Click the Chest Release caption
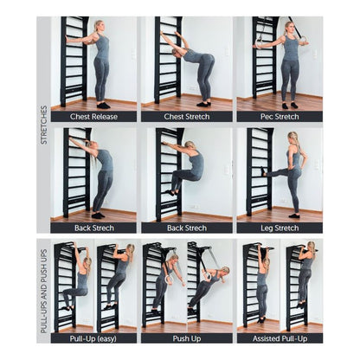pos(93,117)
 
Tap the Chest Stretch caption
pos(187,117)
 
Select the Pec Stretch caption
pos(280,117)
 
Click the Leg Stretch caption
pos(280,228)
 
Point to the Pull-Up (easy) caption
pos(93,338)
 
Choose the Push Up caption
pos(187,338)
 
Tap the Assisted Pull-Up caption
pos(280,338)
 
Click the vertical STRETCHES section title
pos(44,125)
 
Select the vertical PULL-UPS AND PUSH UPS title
pos(44,292)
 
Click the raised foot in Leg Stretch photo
pos(264,171)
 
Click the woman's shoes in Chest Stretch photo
pos(203,104)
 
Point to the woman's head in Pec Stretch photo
pos(289,28)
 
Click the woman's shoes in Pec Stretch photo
pos(289,106)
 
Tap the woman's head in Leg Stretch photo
pos(292,138)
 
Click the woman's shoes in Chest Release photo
pos(103,106)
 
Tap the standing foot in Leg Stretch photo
pos(294,215)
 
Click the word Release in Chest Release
pos(105,117)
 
